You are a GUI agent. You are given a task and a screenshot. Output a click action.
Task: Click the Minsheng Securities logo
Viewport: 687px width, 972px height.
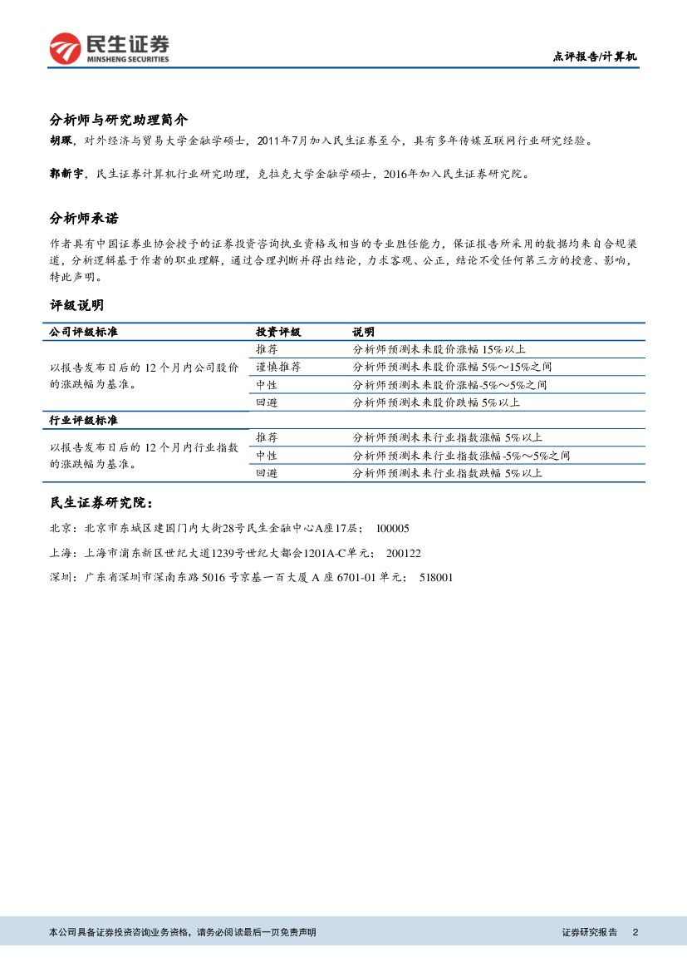tap(109, 49)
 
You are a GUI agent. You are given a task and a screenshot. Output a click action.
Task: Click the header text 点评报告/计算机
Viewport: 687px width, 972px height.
tap(595, 57)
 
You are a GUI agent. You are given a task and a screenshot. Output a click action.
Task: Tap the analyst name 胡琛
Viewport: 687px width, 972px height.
tap(61, 142)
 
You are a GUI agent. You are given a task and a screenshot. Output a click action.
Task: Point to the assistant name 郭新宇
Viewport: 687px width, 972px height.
tap(66, 174)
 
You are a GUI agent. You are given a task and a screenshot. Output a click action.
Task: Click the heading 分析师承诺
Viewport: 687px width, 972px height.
tap(84, 219)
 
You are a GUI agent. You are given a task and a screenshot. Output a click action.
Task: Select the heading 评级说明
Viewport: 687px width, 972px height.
tap(77, 306)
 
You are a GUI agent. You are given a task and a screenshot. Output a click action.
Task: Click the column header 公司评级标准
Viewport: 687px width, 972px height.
tap(83, 332)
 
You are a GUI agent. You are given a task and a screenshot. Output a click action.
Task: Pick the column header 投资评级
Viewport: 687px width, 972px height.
tap(277, 332)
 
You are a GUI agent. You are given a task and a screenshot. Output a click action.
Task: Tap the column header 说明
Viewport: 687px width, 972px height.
tap(363, 332)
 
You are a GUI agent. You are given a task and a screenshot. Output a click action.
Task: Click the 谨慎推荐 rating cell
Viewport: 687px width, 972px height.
tap(278, 367)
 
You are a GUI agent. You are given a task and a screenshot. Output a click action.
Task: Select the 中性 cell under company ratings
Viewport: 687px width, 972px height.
tap(267, 385)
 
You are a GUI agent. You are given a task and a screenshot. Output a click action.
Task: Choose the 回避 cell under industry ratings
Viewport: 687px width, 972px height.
tap(267, 473)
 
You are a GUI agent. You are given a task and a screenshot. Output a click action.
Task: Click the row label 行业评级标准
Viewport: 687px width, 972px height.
tap(83, 421)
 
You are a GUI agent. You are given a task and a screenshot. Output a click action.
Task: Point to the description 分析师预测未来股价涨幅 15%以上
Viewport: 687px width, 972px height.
tap(439, 349)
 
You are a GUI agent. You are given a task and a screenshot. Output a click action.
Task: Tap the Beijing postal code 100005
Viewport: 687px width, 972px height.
tap(393, 529)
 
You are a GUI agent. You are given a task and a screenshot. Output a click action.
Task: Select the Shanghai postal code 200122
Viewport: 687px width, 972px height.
tap(404, 553)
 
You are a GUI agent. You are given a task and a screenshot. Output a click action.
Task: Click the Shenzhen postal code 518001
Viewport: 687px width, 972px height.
tap(436, 577)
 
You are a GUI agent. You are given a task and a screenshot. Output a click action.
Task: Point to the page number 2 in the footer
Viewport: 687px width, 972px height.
tap(635, 932)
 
